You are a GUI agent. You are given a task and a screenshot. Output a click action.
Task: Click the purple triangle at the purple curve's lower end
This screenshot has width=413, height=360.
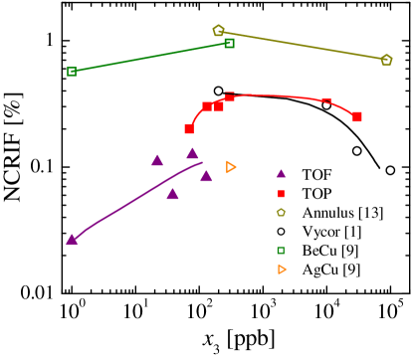(x=72, y=240)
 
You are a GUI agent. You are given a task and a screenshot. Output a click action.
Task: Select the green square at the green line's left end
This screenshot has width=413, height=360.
(x=72, y=72)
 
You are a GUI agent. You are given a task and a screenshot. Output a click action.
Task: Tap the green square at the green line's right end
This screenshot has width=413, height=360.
(x=229, y=43)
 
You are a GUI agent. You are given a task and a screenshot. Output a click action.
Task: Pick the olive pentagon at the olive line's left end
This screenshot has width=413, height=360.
(x=219, y=31)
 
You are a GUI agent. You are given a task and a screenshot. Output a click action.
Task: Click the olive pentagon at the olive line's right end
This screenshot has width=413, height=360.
(x=386, y=60)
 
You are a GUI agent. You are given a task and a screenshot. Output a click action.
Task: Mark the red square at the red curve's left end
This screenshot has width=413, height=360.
(x=189, y=128)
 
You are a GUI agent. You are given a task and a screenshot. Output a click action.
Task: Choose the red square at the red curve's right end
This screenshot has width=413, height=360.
(x=356, y=116)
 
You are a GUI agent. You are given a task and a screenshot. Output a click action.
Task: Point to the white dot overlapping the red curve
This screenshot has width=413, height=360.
(x=326, y=104)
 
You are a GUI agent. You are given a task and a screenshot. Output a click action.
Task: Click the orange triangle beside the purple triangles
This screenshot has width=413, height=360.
(x=231, y=167)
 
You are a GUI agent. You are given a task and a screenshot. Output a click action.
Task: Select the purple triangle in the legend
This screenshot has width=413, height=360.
(x=281, y=174)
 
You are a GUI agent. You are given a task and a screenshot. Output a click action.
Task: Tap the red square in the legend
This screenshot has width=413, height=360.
(x=281, y=194)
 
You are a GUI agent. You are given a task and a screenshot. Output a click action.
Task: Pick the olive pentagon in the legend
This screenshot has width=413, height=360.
(x=281, y=213)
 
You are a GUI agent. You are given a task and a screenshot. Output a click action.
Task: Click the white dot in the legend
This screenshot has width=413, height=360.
(x=281, y=232)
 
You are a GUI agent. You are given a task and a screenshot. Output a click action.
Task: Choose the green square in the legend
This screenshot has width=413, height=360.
(x=281, y=251)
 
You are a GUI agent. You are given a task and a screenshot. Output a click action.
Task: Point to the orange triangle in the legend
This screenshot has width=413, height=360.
(x=282, y=270)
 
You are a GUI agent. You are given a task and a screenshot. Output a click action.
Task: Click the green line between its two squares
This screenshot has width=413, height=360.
(x=150, y=58)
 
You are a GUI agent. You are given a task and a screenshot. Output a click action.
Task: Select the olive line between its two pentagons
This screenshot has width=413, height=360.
(x=303, y=45)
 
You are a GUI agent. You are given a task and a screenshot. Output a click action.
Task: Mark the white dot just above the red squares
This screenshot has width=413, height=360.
(x=219, y=90)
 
